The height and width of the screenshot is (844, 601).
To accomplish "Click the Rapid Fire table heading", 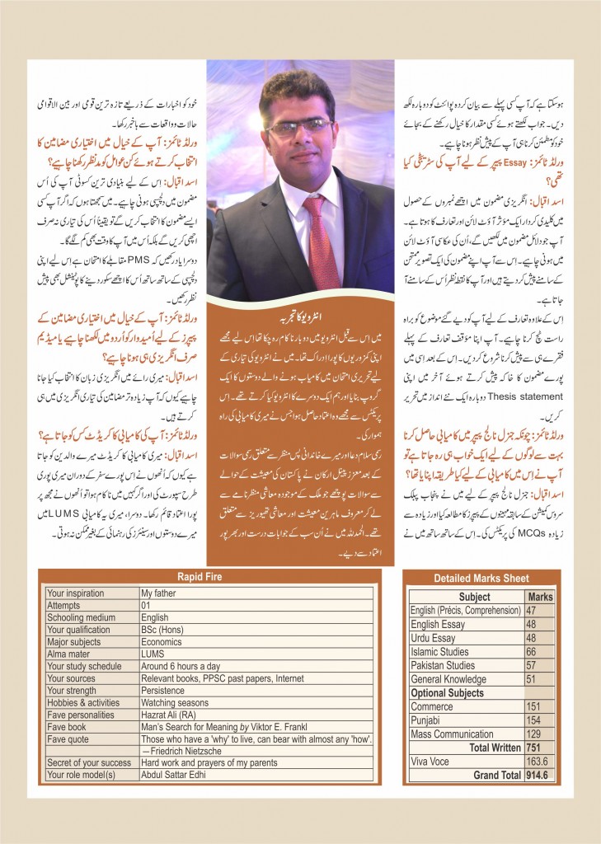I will point(206,577).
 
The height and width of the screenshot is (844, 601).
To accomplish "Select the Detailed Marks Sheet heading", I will point(482,579).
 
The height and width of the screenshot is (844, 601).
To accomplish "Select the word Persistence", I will point(162,690).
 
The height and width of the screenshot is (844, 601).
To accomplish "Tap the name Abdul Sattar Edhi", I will point(178,775).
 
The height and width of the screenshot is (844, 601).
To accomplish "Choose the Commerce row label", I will point(431,706).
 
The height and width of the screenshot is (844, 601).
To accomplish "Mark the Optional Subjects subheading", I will point(448,693).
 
